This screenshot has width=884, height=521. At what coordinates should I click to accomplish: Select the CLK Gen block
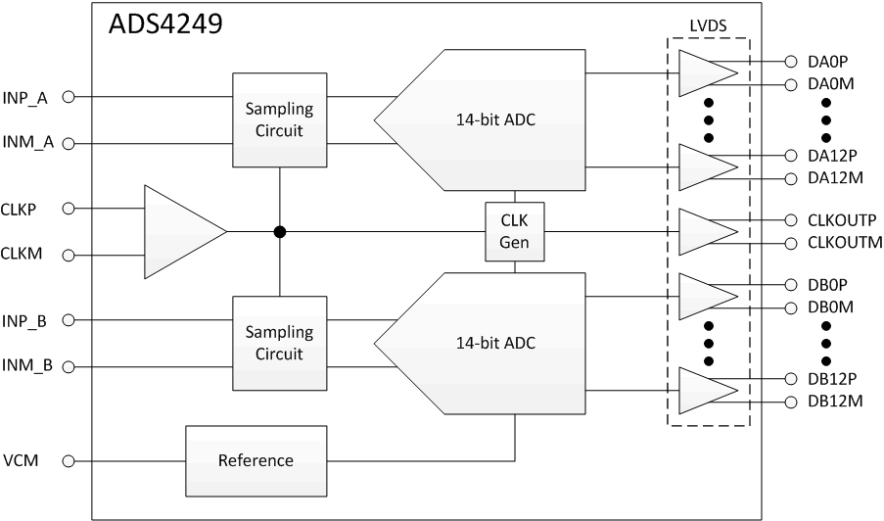click(514, 232)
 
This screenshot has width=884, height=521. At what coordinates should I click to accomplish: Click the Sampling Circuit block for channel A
click(280, 119)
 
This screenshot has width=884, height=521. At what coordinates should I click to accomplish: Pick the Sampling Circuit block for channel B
click(280, 343)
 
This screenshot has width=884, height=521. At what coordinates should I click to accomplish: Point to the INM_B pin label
click(27, 366)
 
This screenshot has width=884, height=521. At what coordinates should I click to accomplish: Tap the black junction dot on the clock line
click(280, 232)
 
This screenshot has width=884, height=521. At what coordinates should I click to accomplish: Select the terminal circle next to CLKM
click(69, 256)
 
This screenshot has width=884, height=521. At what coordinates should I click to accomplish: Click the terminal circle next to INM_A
click(69, 143)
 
